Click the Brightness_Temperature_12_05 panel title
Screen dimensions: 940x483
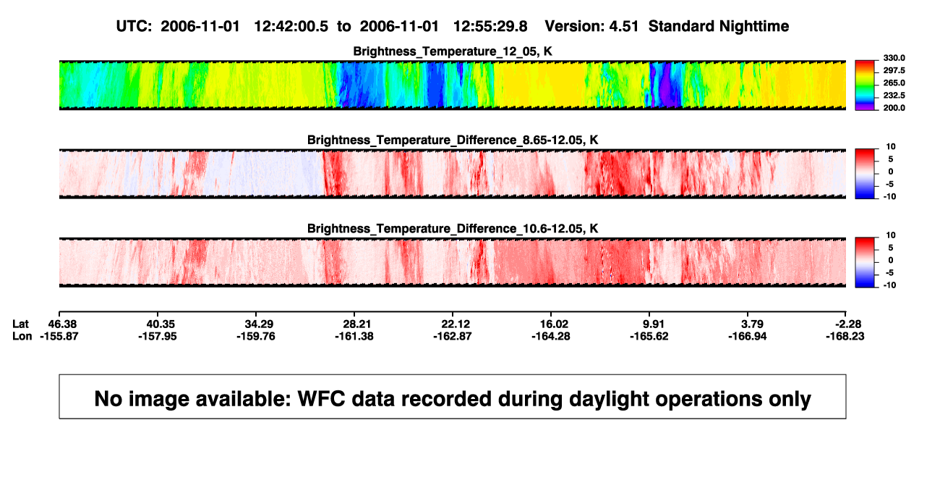tap(453, 51)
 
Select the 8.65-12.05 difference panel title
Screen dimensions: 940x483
tap(453, 140)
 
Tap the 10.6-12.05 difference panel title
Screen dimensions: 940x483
tap(453, 229)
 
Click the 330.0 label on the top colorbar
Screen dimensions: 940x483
tap(894, 58)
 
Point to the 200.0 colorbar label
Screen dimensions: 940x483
tap(894, 108)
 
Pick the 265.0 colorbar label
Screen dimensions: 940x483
tap(894, 83)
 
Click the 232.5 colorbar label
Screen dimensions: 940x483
tap(894, 96)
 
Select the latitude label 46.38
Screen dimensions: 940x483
tap(62, 324)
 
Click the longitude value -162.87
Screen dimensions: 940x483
tap(453, 336)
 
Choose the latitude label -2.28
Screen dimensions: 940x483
tap(848, 324)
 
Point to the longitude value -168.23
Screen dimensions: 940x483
tap(845, 336)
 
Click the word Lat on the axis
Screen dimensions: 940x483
tap(20, 324)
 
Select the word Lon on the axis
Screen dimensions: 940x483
tap(22, 336)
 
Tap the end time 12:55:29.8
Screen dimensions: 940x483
tap(490, 27)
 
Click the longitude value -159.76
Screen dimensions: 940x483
tap(256, 336)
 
